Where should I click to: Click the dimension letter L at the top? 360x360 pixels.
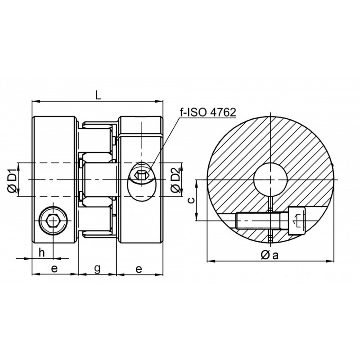98,94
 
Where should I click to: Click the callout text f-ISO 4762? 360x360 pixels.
208,112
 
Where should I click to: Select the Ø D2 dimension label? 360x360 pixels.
175,180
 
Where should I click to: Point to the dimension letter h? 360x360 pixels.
41,253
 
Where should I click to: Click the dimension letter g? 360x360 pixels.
97,268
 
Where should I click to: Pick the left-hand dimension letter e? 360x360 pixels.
54,268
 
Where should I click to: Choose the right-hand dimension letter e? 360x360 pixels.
139,269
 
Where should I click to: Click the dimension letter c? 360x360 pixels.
191,200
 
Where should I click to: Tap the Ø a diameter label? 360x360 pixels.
270,255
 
